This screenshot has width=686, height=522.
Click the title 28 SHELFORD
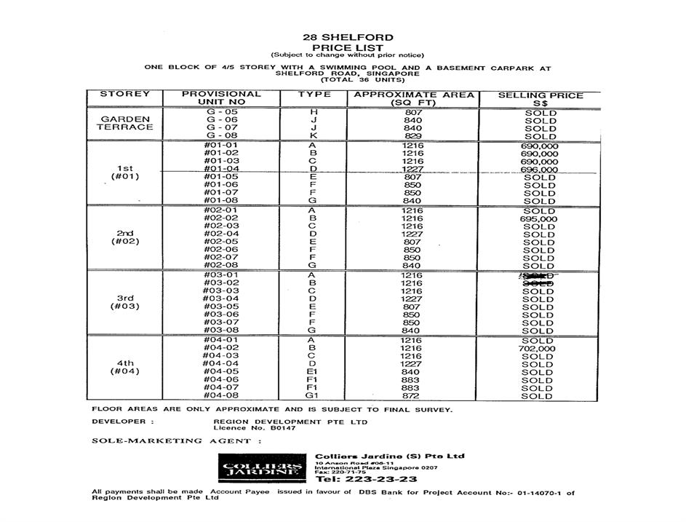pos(348,38)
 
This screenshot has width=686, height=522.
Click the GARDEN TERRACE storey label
pos(127,123)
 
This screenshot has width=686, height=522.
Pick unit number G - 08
pos(222,136)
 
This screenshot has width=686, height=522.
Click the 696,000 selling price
pos(539,170)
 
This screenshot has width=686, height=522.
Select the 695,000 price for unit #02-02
pos(539,218)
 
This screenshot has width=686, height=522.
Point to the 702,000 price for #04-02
pos(539,349)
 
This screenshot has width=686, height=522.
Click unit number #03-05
pos(222,307)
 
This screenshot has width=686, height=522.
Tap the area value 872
pos(412,396)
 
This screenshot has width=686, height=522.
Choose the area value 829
pos(412,136)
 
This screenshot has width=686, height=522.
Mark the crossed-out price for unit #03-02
pos(538,284)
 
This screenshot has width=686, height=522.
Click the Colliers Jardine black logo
pos(262,468)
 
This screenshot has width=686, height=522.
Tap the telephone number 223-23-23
pos(367,480)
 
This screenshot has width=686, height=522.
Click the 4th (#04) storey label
pos(126,367)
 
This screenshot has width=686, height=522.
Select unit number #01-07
pos(222,193)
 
